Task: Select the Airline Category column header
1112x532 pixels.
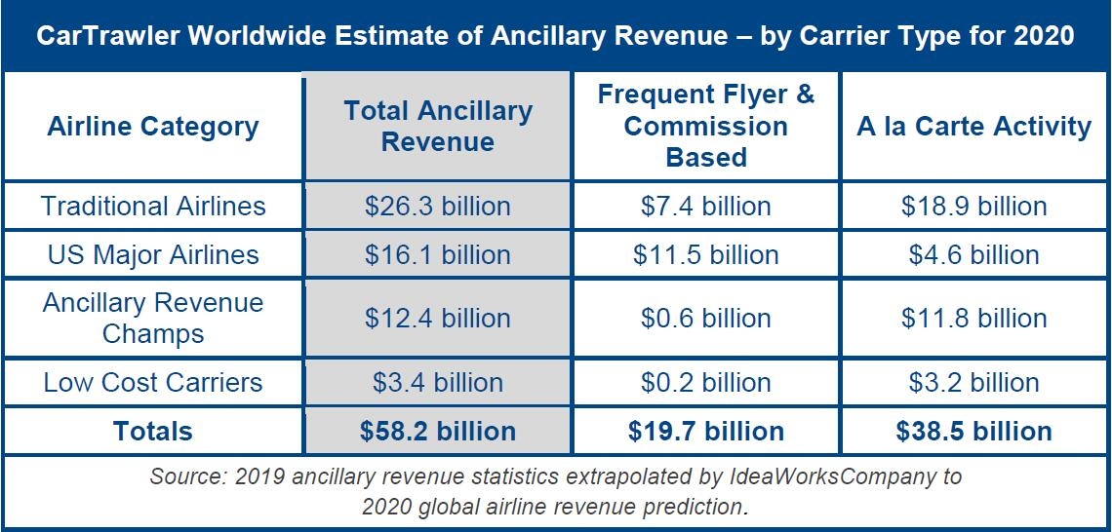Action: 153,126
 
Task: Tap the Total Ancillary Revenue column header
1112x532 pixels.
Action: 438,126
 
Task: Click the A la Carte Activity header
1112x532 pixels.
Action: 973,126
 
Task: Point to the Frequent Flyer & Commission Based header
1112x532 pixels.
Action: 706,126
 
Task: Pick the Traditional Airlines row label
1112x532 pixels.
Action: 153,206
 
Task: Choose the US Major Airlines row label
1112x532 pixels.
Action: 153,255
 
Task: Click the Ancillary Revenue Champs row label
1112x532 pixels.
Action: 153,318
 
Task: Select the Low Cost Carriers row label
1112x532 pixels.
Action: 153,382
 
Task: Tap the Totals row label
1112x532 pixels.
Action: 153,431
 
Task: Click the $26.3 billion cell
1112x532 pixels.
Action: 438,206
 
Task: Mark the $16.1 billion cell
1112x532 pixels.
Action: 438,255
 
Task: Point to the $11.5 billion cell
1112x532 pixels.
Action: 706,255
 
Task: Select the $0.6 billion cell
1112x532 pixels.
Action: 706,318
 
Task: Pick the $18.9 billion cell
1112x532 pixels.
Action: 973,206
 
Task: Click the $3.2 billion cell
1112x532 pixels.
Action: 973,382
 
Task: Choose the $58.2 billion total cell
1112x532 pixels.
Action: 438,431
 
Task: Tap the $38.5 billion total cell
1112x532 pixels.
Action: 973,431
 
